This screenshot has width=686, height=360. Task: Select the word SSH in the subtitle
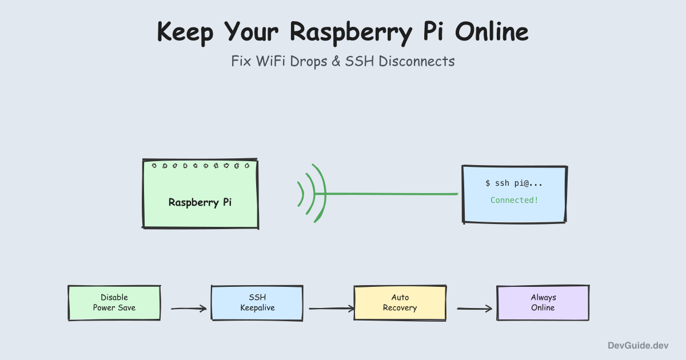coord(358,61)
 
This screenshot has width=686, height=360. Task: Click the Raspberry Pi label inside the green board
coord(200,202)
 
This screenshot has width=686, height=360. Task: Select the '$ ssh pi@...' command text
coord(514,183)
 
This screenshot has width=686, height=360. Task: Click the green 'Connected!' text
coord(514,200)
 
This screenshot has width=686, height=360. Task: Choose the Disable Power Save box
coord(114,303)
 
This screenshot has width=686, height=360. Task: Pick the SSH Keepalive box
coord(257,303)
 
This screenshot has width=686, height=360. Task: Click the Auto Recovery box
coord(400,303)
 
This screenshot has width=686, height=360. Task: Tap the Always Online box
coord(543,303)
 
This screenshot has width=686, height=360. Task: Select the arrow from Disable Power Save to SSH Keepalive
coord(189,309)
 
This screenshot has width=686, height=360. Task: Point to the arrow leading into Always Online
coord(474,309)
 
